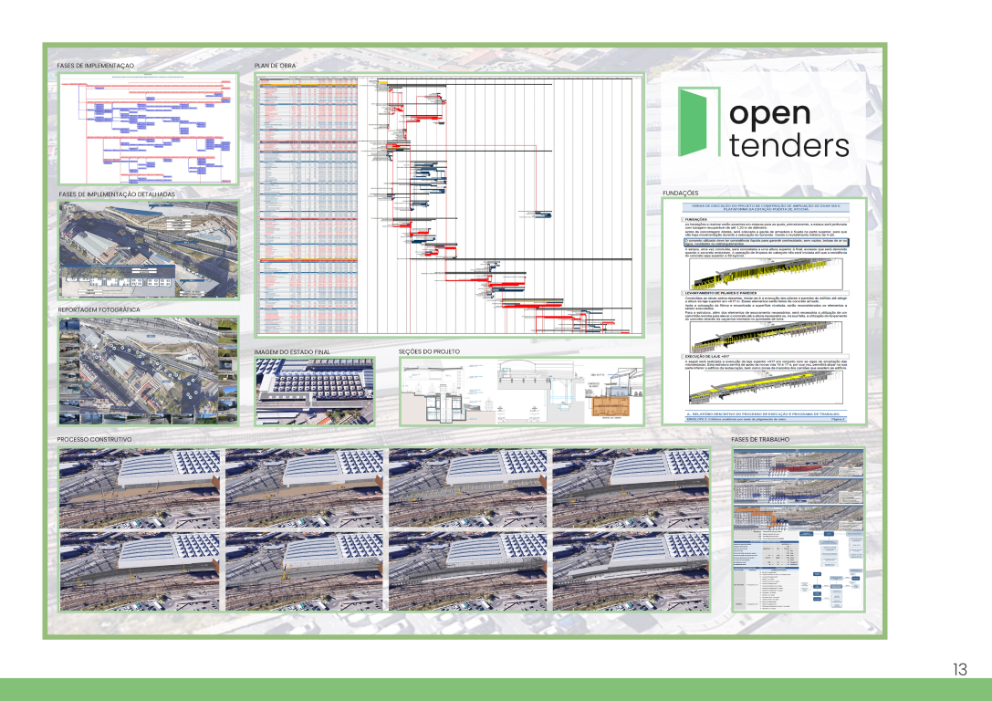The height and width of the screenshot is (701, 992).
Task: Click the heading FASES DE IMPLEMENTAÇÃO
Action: click(x=96, y=67)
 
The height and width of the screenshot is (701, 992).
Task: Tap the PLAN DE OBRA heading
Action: click(x=276, y=67)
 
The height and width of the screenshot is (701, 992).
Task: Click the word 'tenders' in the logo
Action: click(x=788, y=145)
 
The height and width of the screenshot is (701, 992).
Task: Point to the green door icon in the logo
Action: click(x=699, y=121)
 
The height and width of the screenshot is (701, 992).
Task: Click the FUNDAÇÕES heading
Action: click(x=680, y=194)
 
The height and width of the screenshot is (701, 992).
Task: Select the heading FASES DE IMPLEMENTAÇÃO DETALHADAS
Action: click(x=116, y=194)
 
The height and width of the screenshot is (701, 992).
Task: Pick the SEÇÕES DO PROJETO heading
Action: click(x=430, y=351)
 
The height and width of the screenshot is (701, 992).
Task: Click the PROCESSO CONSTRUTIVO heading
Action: click(x=95, y=440)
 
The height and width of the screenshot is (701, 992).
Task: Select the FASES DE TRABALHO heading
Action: click(x=763, y=440)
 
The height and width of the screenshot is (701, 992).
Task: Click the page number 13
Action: click(x=959, y=670)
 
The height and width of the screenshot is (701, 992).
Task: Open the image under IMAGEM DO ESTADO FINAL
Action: click(x=314, y=391)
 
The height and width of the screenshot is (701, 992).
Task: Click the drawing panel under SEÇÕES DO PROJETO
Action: click(x=521, y=391)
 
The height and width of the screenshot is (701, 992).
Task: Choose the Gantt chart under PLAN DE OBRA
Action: click(x=450, y=204)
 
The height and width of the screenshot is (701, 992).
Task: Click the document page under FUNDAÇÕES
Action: click(x=765, y=311)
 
